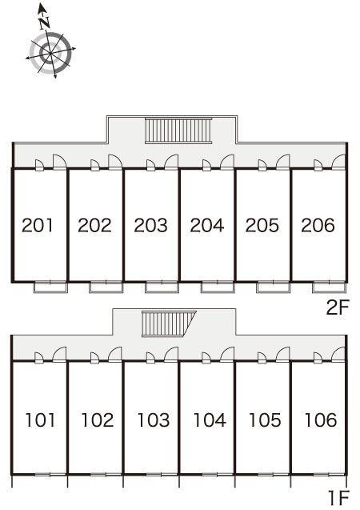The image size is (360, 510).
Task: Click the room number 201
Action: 38,225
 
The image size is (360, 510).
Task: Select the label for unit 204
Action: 207,225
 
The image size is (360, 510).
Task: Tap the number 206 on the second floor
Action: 318,225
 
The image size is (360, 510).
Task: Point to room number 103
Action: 154,420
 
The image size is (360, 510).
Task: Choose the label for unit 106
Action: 320,420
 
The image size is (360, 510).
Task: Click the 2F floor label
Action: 338,307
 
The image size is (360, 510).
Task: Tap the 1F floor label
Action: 339,498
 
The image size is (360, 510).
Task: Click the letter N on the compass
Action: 44,22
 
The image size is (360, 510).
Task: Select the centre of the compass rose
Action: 50,52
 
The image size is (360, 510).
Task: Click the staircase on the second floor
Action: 178,131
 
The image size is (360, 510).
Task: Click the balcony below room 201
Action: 50,287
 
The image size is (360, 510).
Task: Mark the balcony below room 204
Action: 218,287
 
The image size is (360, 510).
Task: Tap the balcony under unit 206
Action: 329,287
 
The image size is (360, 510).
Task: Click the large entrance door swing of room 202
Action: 115,162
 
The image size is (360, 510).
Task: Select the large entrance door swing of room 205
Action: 282,162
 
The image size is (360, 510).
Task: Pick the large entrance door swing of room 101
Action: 59,354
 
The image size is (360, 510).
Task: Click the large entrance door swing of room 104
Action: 226,354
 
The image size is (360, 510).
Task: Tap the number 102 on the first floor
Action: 98,420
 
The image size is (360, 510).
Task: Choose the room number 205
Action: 262,225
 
